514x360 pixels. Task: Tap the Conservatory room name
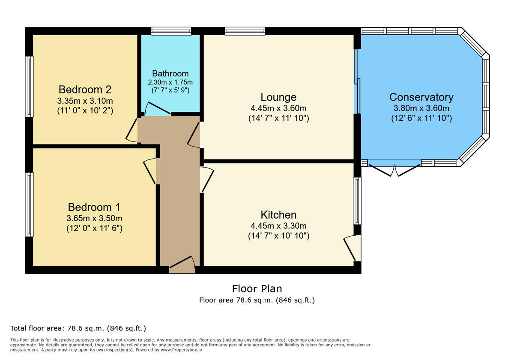(421, 97)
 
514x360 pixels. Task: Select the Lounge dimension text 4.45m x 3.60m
(278, 108)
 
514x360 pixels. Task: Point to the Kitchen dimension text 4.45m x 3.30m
(278, 226)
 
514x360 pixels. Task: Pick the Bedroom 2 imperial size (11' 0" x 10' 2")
(85, 110)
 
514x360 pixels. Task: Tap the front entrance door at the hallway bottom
(182, 264)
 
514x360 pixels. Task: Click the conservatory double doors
(394, 170)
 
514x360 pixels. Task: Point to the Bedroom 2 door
(132, 130)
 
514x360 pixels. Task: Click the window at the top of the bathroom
(171, 31)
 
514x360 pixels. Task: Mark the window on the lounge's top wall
(245, 31)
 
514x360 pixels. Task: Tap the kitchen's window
(357, 201)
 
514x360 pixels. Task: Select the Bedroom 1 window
(29, 204)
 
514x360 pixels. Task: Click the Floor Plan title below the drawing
(257, 289)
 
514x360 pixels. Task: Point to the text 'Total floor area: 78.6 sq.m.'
(78, 329)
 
